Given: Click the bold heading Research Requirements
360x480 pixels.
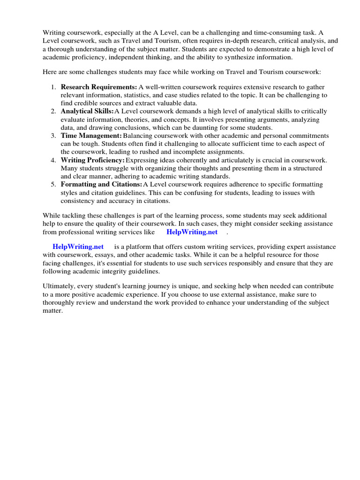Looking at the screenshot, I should point(99,87).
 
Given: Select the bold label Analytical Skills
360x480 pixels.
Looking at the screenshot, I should point(87,112).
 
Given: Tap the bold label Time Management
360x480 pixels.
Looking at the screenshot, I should point(91,136).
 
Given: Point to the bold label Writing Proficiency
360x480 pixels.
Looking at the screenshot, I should point(93,160).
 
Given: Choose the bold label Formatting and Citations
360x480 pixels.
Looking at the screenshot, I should point(101,185).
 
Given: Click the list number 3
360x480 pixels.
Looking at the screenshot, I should point(54,136).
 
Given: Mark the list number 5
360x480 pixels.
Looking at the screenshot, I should point(54,185).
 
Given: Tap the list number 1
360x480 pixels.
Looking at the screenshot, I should point(54,87).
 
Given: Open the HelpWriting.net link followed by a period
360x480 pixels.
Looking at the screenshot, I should point(192,232).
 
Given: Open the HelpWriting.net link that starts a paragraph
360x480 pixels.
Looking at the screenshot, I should point(78,247).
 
